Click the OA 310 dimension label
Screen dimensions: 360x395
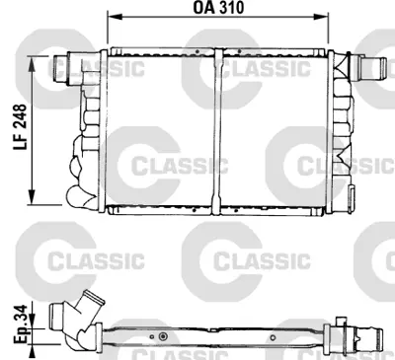[x=218, y=9]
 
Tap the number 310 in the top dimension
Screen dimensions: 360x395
[x=233, y=9]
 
